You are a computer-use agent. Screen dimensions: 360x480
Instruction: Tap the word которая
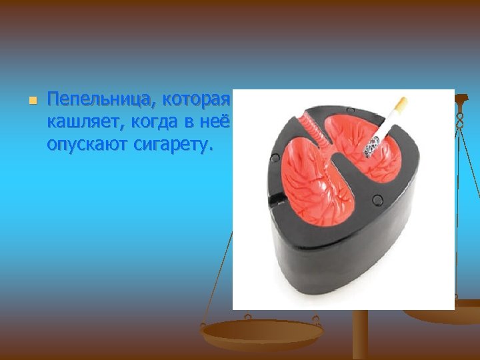click(x=196, y=101)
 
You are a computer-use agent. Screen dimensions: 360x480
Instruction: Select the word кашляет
click(x=78, y=122)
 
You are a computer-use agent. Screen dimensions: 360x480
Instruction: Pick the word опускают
click(x=85, y=143)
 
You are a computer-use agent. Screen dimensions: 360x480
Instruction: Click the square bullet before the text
click(x=31, y=101)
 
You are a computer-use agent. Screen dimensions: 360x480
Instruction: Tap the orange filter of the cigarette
click(x=401, y=104)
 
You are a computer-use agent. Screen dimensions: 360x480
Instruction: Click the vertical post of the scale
click(x=360, y=337)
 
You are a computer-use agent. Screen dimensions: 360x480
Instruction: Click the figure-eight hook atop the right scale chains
click(x=460, y=120)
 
